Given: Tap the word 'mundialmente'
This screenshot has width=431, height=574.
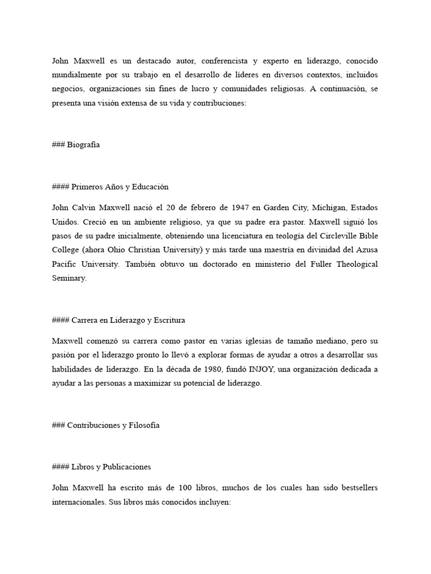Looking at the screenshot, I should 75,75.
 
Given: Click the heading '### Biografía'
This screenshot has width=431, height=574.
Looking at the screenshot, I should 75,145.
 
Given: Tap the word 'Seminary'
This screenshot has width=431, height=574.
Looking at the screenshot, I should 69,278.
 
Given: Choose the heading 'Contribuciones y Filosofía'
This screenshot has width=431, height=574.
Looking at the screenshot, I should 106,425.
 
